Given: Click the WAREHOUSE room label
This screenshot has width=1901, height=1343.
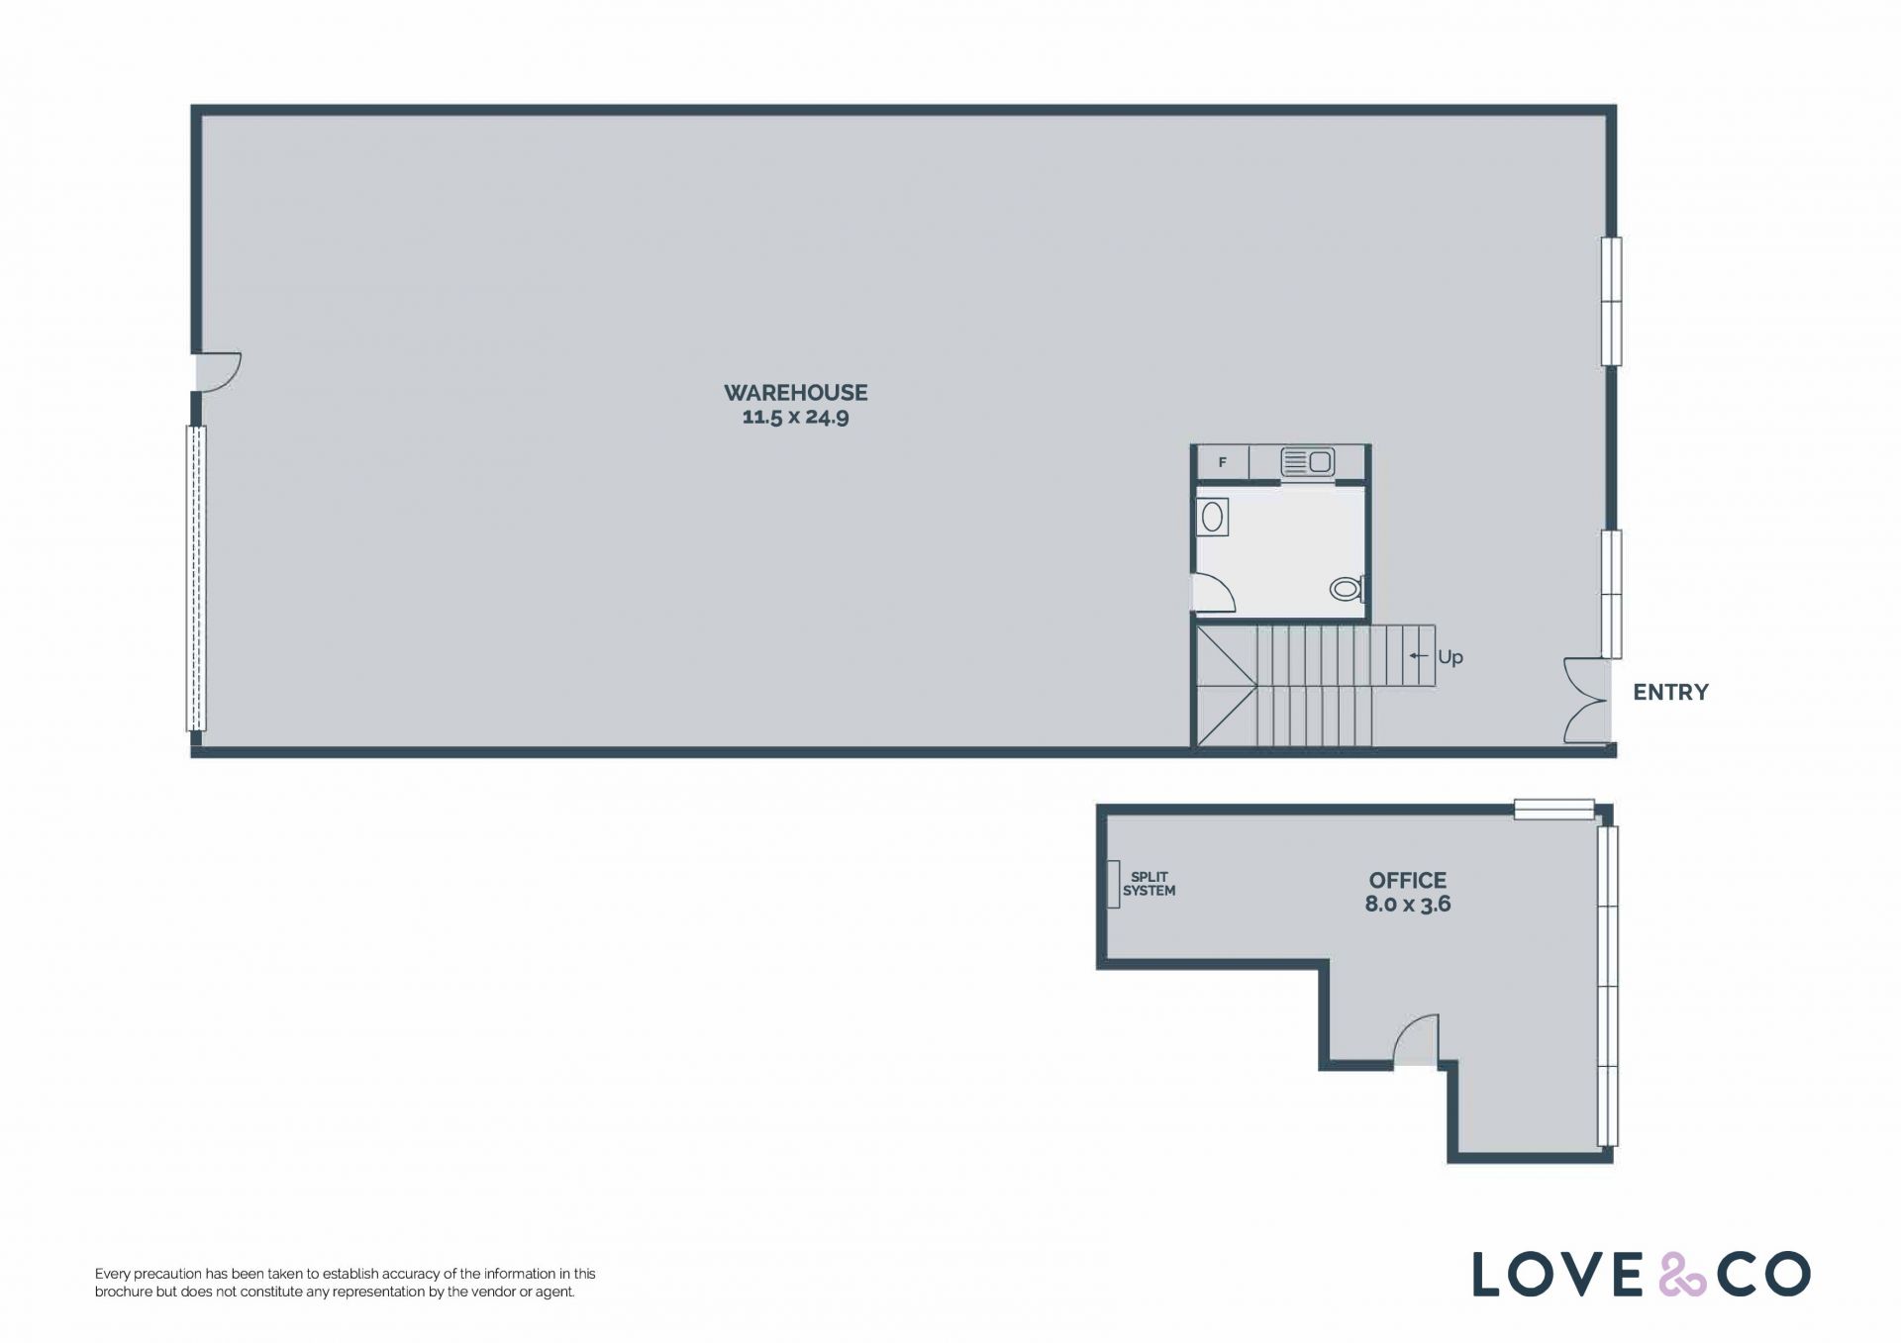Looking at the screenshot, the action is coord(795,393).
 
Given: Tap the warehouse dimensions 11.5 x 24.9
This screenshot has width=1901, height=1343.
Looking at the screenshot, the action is coord(795,417).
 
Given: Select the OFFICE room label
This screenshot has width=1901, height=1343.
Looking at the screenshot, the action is coord(1407,880).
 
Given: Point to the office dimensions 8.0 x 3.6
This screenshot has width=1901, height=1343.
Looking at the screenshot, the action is coord(1407,904).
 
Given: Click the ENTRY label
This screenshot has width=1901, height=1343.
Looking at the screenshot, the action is coord(1670,693).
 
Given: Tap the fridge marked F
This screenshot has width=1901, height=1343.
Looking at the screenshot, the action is coord(1223,462).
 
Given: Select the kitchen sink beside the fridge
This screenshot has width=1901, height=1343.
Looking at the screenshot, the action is coord(1307,461).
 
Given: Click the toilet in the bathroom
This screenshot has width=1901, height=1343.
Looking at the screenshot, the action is coord(1347,590).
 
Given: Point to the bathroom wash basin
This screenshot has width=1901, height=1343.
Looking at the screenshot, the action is coord(1212,518).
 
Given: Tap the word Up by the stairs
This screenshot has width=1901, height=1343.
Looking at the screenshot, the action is coord(1450,657).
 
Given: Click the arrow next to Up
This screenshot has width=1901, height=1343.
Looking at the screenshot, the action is coord(1419,656).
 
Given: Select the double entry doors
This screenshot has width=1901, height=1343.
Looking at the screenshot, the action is coord(1584,700).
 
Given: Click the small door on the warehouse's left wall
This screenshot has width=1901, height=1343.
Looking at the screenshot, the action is coord(218,371).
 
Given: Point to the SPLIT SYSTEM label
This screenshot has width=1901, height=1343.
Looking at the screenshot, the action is coord(1149,884).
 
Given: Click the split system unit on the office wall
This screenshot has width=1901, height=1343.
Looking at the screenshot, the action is coord(1113,884).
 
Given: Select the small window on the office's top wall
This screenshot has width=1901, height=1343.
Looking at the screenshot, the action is coord(1554,810).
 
